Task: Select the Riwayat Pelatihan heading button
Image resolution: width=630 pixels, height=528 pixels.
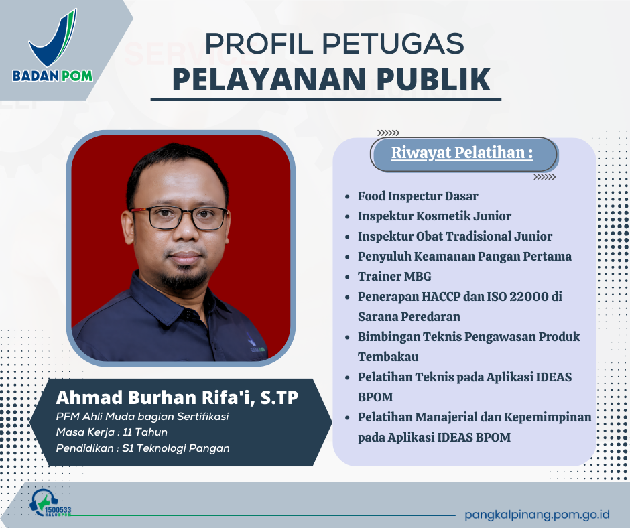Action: (462, 153)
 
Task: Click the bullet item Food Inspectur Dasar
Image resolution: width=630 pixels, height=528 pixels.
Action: (418, 196)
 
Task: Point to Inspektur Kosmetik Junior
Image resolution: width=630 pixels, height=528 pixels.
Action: (434, 216)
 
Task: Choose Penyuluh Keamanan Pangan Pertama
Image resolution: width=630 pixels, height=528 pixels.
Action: (464, 256)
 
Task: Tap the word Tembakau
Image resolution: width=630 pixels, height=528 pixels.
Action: (388, 356)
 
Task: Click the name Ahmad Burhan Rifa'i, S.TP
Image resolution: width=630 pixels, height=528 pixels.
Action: (177, 398)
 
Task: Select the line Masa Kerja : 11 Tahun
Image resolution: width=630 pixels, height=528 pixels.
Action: (112, 432)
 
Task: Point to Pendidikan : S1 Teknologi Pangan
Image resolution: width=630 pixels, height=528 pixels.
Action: (143, 448)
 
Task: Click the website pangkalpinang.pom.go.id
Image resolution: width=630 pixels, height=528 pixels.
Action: (537, 515)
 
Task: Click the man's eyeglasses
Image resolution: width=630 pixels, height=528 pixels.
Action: (179, 217)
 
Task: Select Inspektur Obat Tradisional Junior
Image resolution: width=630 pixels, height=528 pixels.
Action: (454, 236)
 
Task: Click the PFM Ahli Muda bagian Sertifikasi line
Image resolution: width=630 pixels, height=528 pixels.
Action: (143, 417)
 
